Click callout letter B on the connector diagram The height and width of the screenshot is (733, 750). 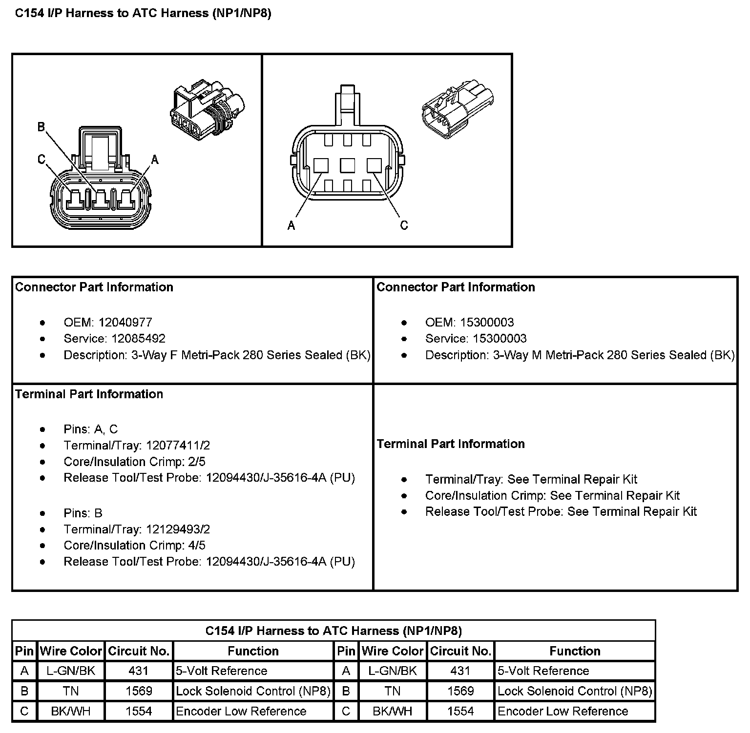42,127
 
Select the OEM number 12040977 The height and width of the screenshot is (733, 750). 125,323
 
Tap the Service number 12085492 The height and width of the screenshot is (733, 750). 138,339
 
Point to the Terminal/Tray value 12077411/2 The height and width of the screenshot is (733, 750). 178,446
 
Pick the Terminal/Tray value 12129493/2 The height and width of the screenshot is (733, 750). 178,529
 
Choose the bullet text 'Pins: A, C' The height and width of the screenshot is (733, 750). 91,429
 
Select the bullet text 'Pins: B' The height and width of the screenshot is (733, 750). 83,513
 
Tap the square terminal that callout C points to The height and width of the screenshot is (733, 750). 374,166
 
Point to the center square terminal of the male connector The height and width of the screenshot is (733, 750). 348,166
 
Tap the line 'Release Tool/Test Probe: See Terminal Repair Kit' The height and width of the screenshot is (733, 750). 561,512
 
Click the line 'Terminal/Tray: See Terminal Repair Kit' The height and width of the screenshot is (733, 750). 531,480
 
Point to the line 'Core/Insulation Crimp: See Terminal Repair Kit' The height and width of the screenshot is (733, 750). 552,496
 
